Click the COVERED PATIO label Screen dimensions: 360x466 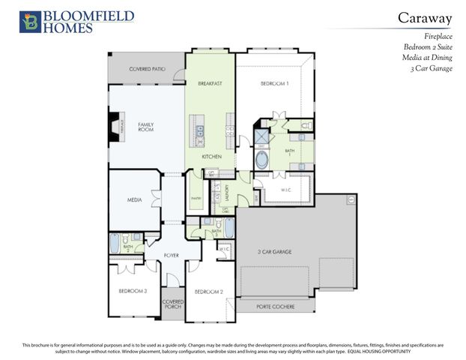pos(146,69)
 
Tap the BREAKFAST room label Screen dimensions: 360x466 pos(211,84)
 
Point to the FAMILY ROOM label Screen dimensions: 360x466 pos(145,127)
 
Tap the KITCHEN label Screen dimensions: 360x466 pos(212,156)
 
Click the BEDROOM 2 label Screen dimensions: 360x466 pos(209,291)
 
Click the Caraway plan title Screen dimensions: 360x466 pos(423,17)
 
